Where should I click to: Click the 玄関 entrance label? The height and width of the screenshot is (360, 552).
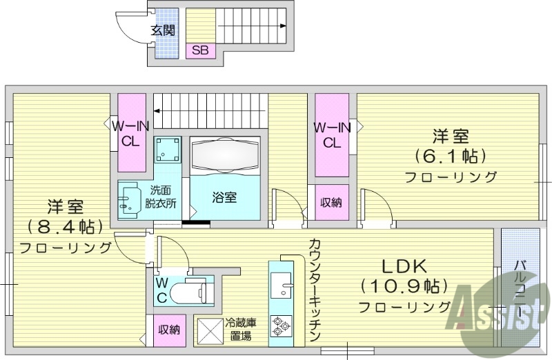click(x=163, y=30)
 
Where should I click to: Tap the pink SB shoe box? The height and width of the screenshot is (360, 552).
click(x=200, y=50)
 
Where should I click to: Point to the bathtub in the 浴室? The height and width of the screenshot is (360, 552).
click(x=225, y=155)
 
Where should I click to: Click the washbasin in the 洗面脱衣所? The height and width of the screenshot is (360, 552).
click(x=128, y=199)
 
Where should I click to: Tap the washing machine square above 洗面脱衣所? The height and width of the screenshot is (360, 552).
click(x=168, y=149)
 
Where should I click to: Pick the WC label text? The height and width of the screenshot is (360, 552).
click(x=161, y=290)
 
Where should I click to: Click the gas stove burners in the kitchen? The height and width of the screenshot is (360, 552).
click(x=281, y=325)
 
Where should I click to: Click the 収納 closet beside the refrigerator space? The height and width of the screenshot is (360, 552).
click(x=168, y=330)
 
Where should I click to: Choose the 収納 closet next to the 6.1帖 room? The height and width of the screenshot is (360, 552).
click(x=330, y=203)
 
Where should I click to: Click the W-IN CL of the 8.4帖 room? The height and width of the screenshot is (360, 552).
click(x=130, y=133)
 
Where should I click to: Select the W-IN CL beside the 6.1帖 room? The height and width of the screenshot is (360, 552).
click(x=331, y=134)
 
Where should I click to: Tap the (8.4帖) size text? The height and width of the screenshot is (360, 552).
click(x=66, y=226)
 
